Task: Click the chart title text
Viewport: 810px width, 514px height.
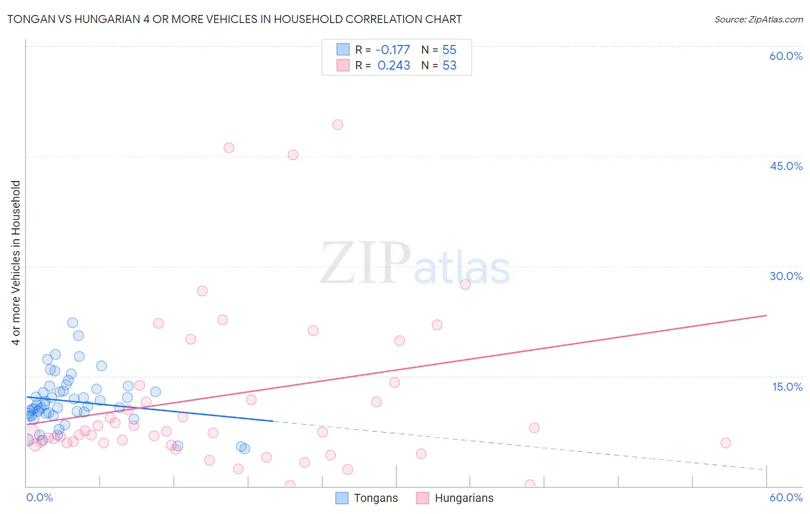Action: tap(234, 19)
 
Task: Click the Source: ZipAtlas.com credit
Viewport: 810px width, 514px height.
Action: tap(758, 19)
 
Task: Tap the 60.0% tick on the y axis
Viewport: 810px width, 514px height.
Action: tap(786, 56)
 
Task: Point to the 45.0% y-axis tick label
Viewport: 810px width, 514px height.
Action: tap(786, 166)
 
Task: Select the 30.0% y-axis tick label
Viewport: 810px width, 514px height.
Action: tap(786, 276)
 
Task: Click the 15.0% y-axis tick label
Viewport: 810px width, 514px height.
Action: tap(787, 387)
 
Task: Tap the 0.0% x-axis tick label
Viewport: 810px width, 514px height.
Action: tap(39, 497)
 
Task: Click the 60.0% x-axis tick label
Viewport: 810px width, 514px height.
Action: tap(786, 497)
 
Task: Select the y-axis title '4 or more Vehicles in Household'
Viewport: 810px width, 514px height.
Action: tap(16, 263)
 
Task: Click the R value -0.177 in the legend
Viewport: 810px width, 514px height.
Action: tap(392, 50)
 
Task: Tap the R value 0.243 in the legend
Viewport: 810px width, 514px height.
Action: tap(393, 66)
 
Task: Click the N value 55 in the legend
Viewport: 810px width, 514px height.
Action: tap(449, 50)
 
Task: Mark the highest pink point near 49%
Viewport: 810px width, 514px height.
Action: tap(338, 124)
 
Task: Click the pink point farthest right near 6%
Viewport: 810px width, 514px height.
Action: tap(725, 443)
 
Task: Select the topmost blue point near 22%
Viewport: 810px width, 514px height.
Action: tap(73, 323)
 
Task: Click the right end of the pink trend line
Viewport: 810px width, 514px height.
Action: tap(766, 315)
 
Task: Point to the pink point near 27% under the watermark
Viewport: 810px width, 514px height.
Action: tap(465, 284)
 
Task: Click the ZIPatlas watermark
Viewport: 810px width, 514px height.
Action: tap(415, 264)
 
